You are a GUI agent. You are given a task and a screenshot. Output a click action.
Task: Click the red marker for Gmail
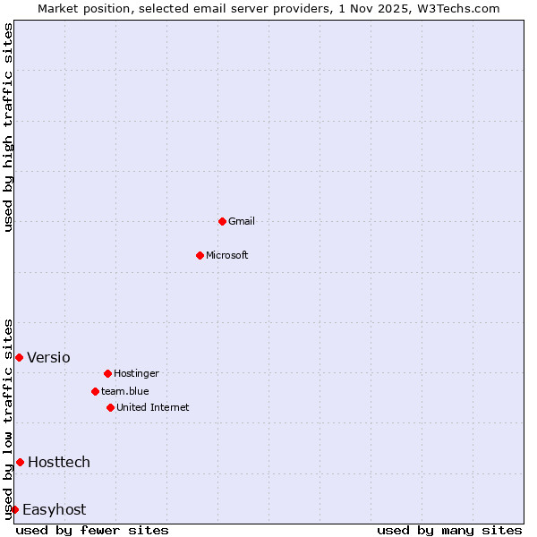(222, 221)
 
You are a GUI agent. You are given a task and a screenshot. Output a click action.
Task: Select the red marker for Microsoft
(200, 255)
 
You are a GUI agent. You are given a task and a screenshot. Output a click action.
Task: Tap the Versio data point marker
(19, 357)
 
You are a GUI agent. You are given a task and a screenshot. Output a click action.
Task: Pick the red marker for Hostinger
(107, 373)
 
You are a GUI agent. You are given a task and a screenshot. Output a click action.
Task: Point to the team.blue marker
(95, 391)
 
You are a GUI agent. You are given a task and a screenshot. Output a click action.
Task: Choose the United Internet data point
(110, 407)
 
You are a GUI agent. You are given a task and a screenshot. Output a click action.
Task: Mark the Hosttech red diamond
(20, 462)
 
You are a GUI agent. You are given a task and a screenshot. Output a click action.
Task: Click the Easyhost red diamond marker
(14, 509)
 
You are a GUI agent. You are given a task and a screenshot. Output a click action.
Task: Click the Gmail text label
(242, 221)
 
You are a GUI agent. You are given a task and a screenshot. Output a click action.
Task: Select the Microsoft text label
(227, 255)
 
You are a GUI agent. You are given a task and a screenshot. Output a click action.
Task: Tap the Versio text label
(48, 357)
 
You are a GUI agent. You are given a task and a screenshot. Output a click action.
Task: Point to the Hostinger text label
(136, 373)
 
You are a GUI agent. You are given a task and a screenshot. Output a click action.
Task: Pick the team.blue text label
(125, 391)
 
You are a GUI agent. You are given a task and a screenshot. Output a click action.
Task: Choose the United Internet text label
(153, 407)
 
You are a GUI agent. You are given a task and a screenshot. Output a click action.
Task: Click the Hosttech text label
(59, 462)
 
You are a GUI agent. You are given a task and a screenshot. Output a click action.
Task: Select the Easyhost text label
(54, 509)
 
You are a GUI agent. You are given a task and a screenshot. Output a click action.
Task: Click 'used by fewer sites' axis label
(92, 530)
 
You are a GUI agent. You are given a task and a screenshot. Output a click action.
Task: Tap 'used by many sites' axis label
(449, 530)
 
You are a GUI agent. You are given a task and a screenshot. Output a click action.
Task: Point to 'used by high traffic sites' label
(8, 127)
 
